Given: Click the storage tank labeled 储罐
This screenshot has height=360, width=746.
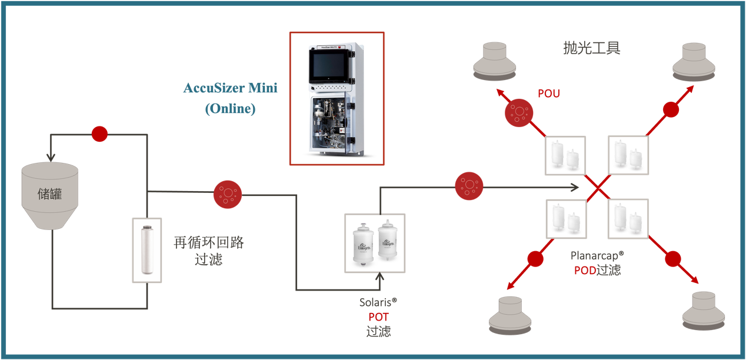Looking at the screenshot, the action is [50, 195].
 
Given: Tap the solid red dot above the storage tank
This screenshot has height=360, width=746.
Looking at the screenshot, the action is [99, 134].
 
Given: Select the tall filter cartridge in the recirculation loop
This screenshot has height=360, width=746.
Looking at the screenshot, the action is [147, 250].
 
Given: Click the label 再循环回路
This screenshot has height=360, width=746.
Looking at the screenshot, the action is [209, 242].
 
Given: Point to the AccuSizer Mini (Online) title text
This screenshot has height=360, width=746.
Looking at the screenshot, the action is [230, 98].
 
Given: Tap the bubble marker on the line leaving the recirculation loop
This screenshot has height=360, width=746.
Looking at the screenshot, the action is [228, 195].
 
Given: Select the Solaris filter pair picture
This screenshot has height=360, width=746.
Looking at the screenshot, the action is [375, 243].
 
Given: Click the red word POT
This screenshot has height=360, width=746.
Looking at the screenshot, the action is [379, 316].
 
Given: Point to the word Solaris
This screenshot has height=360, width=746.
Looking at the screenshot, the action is [375, 302].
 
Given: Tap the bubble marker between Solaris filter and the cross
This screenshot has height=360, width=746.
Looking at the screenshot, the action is [469, 186].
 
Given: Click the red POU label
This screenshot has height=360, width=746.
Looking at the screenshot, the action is [549, 94].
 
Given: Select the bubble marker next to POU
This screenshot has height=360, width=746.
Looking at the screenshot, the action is [519, 112].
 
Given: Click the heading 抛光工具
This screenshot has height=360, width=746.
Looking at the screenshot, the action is [592, 48].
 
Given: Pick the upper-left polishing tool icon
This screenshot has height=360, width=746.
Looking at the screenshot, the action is [495, 61].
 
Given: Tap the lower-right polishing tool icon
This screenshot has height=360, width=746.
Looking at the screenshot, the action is [704, 311].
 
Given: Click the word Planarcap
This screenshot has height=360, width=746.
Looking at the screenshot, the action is [594, 256].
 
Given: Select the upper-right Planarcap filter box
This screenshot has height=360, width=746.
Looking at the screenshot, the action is [628, 155].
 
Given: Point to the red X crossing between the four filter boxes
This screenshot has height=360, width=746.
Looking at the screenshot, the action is [598, 187].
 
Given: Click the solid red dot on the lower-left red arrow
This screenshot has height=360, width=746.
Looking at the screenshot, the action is [535, 259].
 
